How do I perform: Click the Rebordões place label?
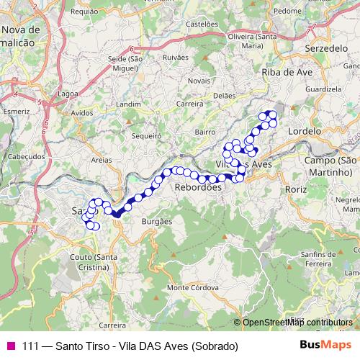tap(198, 187)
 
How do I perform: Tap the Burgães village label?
tap(157, 222)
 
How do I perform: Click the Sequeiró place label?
tap(146, 135)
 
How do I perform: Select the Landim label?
tap(128, 104)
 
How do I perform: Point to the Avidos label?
tap(83, 113)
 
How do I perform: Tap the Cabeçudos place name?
tap(25, 156)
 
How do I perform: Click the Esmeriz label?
tap(16, 112)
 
